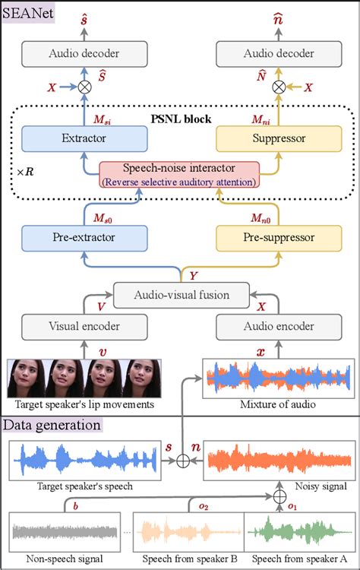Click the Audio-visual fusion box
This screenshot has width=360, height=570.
[x=180, y=293]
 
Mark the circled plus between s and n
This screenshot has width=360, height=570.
[x=182, y=460]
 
